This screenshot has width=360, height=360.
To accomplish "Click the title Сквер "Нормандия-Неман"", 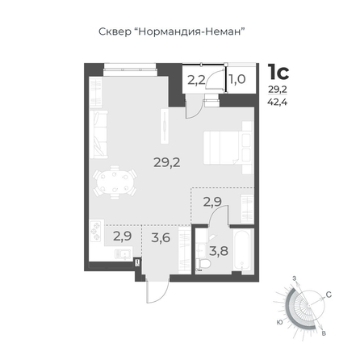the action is coord(172,31).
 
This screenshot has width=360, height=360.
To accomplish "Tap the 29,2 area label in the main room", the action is coord(167,162).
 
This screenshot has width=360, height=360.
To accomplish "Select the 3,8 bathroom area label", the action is coord(219,251).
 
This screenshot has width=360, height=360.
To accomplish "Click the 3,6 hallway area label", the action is coord(161,237).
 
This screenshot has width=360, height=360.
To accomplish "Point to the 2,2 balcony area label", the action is coord(196,80).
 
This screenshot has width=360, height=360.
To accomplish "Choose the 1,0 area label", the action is coord(237,79).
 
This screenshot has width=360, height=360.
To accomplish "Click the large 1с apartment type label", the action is coord(278,72).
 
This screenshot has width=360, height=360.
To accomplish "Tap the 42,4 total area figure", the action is coord(277,103).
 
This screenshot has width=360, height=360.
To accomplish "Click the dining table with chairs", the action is coord(115,182).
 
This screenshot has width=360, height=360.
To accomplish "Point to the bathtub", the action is coord(242,249).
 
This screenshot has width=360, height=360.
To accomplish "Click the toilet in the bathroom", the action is coord(203,264).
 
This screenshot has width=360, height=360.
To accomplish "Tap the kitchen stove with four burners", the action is coord(96,231).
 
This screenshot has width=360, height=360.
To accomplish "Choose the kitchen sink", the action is coord(123,253).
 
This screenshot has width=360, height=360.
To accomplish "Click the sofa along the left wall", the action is coord(98,134).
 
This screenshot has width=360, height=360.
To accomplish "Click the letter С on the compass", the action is coord(329,295).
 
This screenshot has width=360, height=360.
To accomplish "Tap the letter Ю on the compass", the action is coord(280,322).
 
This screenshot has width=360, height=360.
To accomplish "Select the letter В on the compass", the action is coord(324,333).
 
